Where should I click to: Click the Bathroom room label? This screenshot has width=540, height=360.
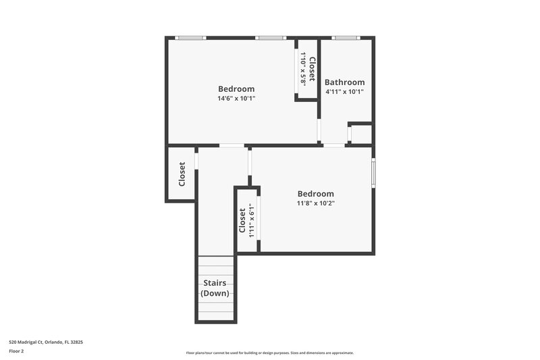pyautogui.click(x=344, y=82)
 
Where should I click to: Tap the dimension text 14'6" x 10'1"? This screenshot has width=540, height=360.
pyautogui.click(x=236, y=99)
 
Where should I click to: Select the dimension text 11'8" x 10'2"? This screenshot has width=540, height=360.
pyautogui.click(x=316, y=203)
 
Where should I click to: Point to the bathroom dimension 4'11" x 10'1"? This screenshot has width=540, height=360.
pyautogui.click(x=344, y=92)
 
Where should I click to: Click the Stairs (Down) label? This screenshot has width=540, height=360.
pyautogui.click(x=215, y=288)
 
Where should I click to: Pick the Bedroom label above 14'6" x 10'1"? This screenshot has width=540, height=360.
pyautogui.click(x=236, y=88)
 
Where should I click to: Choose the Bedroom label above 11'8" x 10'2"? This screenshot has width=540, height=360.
pyautogui.click(x=316, y=194)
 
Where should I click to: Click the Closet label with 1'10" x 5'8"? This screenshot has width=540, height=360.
pyautogui.click(x=311, y=66)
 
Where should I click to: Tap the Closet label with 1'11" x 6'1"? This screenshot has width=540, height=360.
pyautogui.click(x=242, y=220)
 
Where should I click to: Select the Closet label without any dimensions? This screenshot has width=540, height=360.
pyautogui.click(x=182, y=174)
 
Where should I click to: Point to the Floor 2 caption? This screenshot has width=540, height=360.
pyautogui.click(x=17, y=351)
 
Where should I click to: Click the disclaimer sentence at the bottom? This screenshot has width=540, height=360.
pyautogui.click(x=269, y=353)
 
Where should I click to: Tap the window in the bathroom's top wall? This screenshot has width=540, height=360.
pyautogui.click(x=346, y=38)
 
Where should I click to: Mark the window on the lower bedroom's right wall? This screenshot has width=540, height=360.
pyautogui.click(x=373, y=171)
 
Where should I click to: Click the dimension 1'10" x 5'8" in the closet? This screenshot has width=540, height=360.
pyautogui.click(x=304, y=68)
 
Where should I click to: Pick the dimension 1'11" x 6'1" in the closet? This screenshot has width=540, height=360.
pyautogui.click(x=251, y=220)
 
